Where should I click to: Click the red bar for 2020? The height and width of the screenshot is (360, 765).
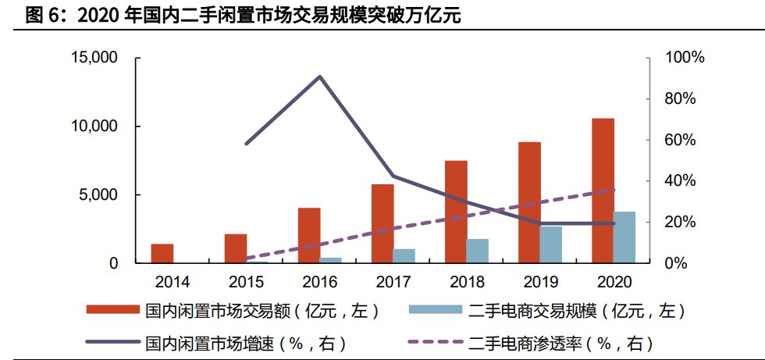point(603,191)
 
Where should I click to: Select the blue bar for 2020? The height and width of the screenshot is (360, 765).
point(624,237)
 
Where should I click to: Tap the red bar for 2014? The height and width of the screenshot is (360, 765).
point(162,254)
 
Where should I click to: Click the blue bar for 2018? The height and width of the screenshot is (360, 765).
point(478,251)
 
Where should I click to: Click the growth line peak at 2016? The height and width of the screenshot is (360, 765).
point(320,77)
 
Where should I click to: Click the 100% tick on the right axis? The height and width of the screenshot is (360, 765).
point(685,58)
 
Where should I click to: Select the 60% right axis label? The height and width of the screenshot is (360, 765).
point(681,141)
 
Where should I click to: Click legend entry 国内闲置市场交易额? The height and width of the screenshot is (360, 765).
point(233,312)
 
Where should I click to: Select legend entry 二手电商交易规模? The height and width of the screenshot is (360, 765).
point(546,312)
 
